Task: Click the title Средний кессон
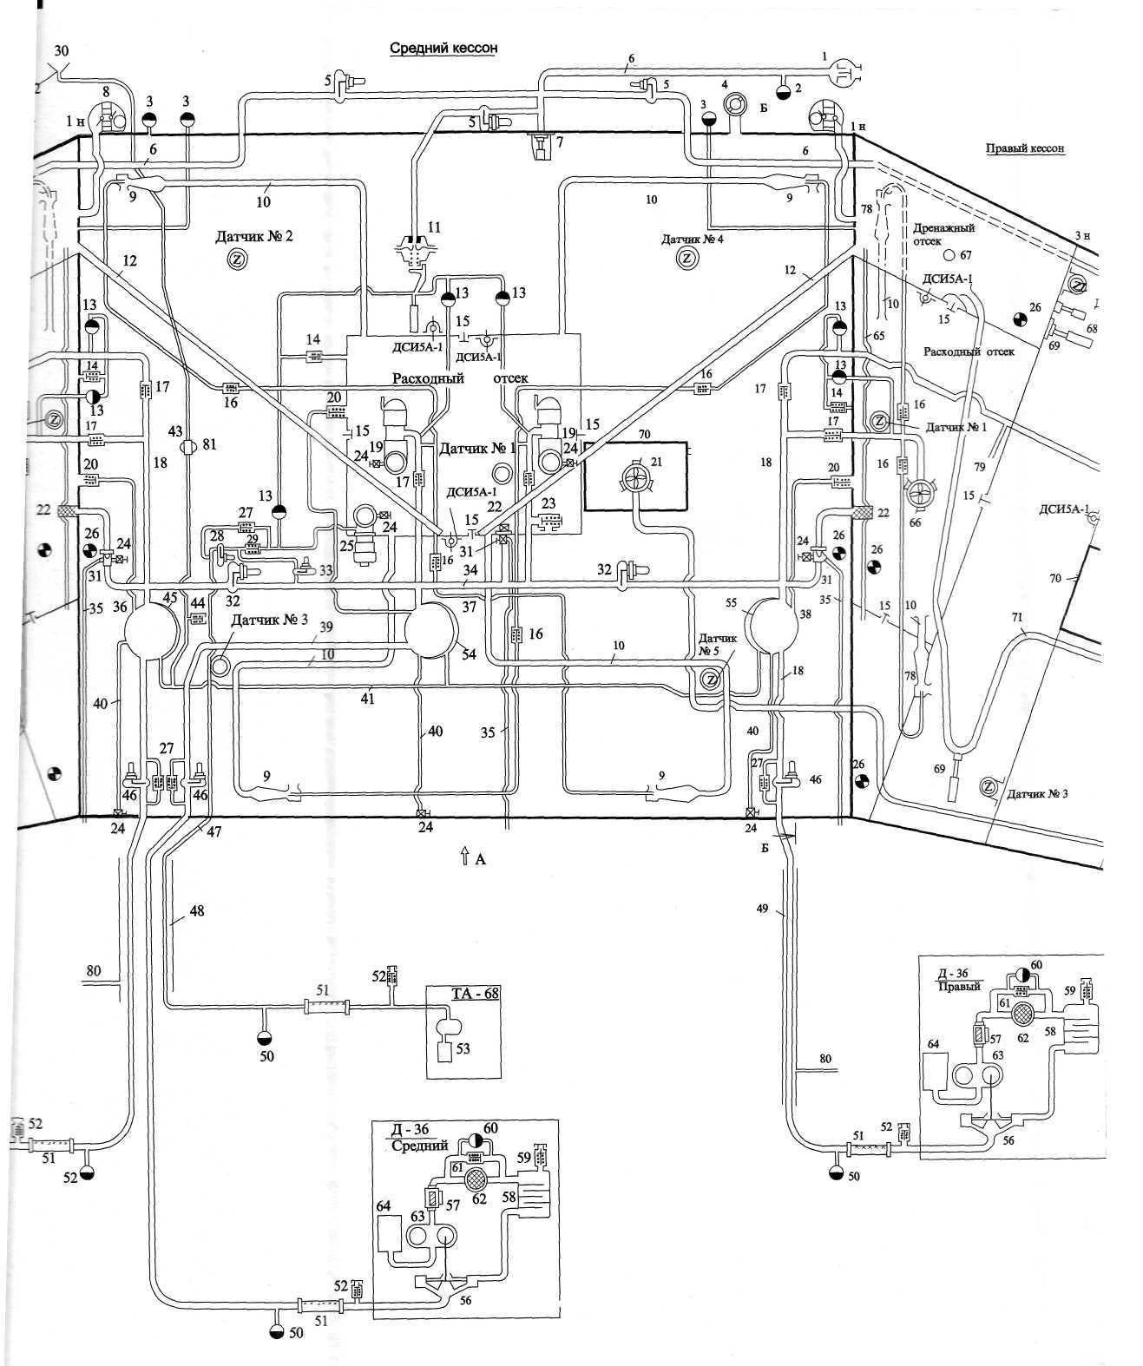tap(443, 48)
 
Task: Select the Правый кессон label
tap(1025, 148)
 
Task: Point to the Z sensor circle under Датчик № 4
tap(686, 259)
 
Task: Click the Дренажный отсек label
tap(943, 234)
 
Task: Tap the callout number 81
tap(209, 444)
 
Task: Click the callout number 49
tap(762, 909)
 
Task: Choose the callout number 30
tap(61, 51)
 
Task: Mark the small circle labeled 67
tap(949, 255)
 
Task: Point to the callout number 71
tap(1016, 618)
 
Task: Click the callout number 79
tap(979, 468)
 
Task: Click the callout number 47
tap(213, 831)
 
